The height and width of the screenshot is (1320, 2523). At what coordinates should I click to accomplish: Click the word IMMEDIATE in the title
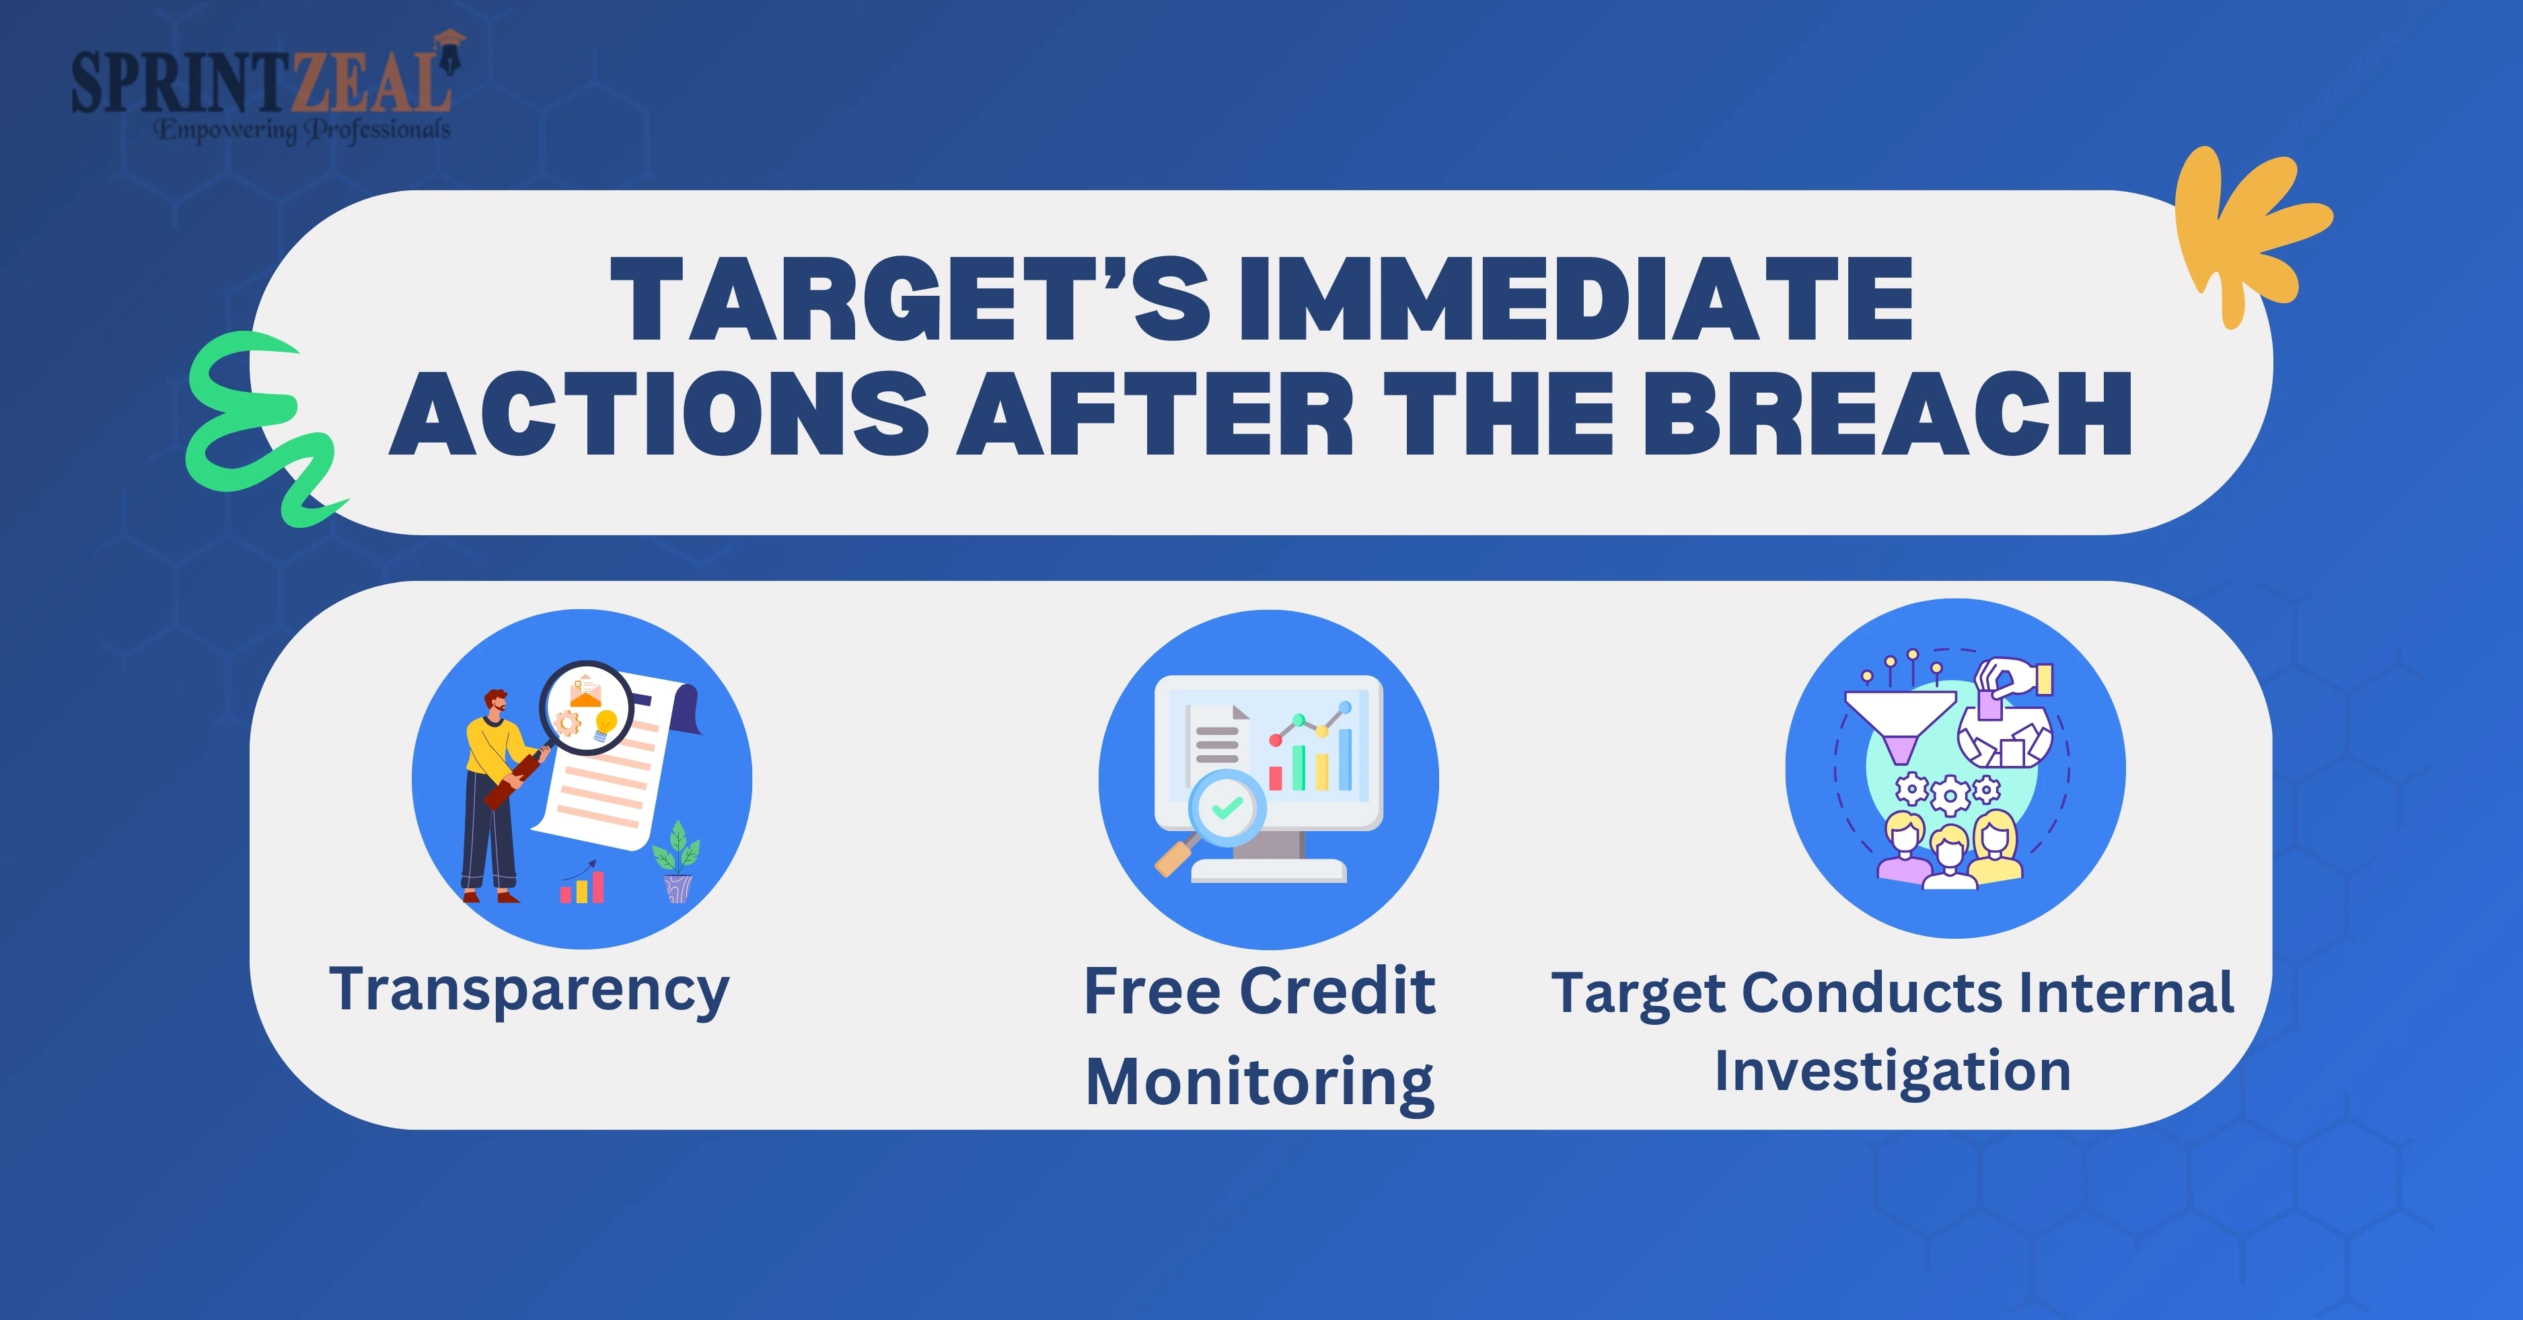tap(1575, 300)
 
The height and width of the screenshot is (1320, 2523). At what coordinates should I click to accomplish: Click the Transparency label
tap(529, 992)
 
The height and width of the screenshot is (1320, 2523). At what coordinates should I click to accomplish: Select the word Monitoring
tap(1261, 1084)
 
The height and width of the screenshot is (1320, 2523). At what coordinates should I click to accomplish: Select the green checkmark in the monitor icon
tap(1227, 808)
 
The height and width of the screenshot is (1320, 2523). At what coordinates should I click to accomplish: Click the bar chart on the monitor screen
tap(1311, 760)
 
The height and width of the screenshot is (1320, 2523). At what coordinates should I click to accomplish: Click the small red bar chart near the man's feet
tap(582, 884)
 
